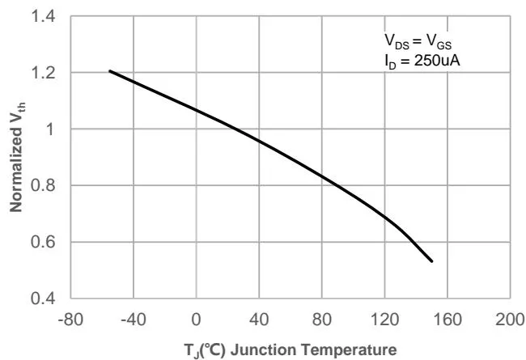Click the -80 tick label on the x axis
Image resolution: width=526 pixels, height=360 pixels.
coord(70,319)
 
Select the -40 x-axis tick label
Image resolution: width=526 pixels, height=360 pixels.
coord(133,319)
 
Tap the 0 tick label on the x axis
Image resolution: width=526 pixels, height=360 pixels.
coord(196,319)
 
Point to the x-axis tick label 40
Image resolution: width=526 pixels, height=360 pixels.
coord(259,319)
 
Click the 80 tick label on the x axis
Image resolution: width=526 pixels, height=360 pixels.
coord(321,319)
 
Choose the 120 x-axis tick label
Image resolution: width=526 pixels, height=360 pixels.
coord(384,319)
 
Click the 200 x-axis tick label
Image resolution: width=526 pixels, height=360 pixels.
coord(510,319)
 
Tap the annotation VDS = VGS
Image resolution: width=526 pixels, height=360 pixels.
coord(418,41)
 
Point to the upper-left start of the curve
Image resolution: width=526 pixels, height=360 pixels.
coord(110,71)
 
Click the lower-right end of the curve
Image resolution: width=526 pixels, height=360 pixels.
coord(432,261)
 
